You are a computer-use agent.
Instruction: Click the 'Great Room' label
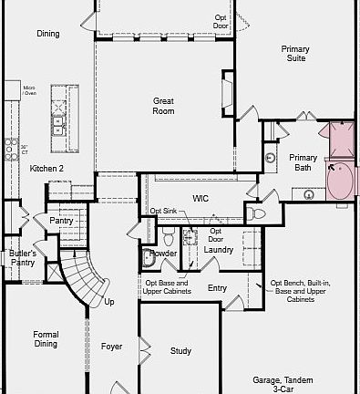[x=164, y=106]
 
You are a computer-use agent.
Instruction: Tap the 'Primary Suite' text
[x=294, y=53]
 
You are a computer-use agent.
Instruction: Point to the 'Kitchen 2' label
[x=46, y=169]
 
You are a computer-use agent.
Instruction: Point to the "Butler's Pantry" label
[x=22, y=257]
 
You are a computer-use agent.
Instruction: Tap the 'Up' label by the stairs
[x=109, y=302]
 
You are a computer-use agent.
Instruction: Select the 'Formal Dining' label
[x=46, y=339]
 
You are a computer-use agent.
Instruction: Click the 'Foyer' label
[x=111, y=347]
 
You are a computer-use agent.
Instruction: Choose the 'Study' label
[x=180, y=351]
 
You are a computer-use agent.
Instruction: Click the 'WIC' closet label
[x=201, y=198]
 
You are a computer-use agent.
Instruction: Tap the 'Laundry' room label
[x=218, y=249]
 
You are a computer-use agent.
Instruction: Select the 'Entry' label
[x=217, y=288]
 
